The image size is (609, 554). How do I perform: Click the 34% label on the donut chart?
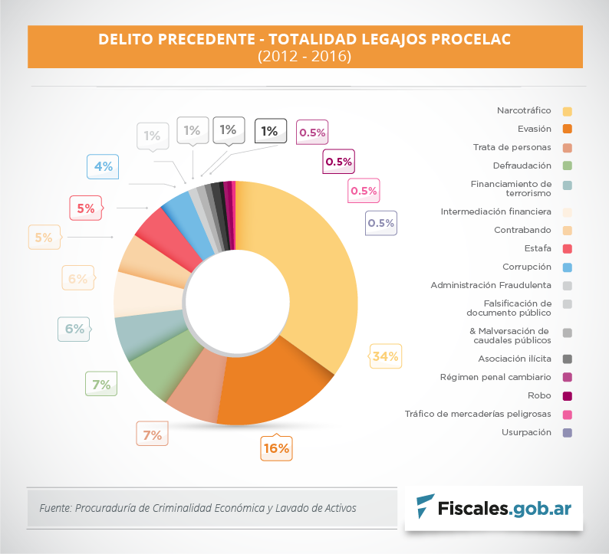tap(385, 356)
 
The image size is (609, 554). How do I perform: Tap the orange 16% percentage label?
tap(275, 448)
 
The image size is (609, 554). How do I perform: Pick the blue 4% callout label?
tap(103, 166)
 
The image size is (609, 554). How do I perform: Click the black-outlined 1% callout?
tap(269, 131)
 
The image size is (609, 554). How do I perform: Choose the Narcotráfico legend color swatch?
tap(568, 111)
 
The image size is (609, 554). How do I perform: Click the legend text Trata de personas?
tap(512, 146)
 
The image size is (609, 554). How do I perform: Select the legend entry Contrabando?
tap(523, 229)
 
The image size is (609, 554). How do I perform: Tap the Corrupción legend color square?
tap(568, 267)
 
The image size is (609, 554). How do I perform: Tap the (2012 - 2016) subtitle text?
tap(304, 56)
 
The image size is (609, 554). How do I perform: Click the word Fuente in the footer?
tap(54, 507)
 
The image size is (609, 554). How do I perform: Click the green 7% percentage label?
tap(101, 385)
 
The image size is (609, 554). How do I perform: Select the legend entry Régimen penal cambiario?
tap(495, 377)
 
